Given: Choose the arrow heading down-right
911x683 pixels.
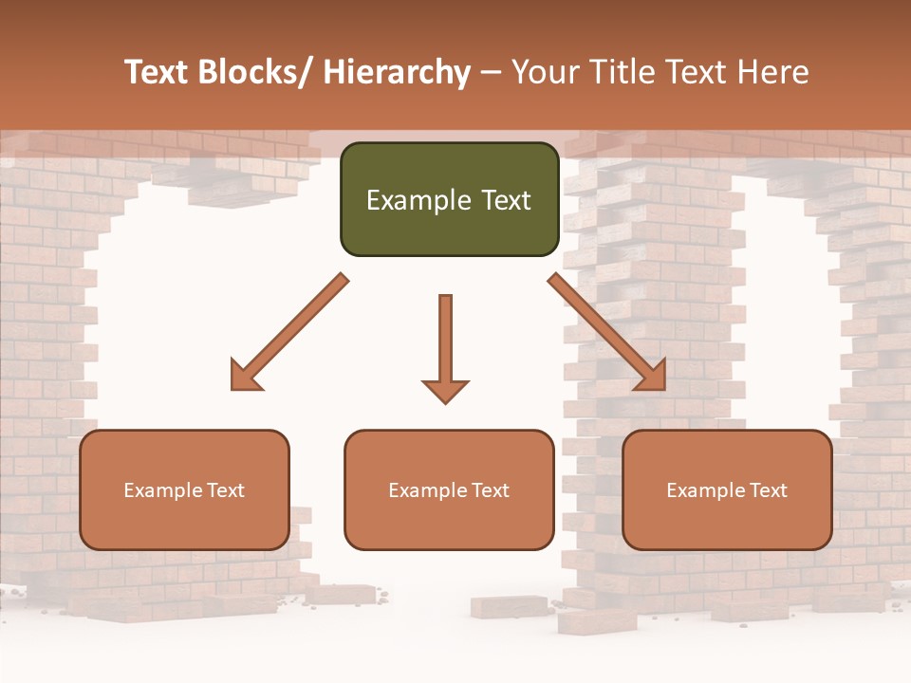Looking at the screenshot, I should click(x=607, y=332).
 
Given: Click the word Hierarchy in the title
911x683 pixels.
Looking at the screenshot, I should click(x=397, y=72).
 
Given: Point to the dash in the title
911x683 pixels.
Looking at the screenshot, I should click(x=491, y=72).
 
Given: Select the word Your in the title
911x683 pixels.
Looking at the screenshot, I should click(x=544, y=72).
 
